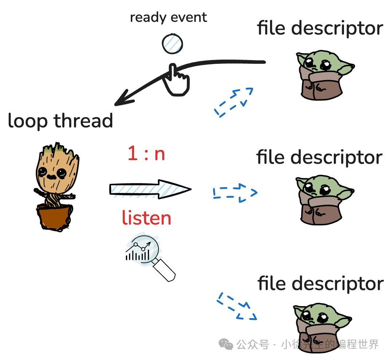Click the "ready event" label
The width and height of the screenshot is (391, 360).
click(168, 17)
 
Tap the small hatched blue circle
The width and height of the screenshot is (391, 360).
click(172, 43)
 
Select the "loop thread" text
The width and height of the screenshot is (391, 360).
click(60, 121)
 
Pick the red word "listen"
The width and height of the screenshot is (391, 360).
click(146, 218)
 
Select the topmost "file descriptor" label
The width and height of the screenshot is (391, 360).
click(320, 28)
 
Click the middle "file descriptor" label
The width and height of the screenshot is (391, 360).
click(319, 157)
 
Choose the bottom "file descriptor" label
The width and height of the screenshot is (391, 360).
click(321, 284)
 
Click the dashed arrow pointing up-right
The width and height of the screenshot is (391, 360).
click(233, 102)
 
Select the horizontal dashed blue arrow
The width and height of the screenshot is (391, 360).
click(235, 193)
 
